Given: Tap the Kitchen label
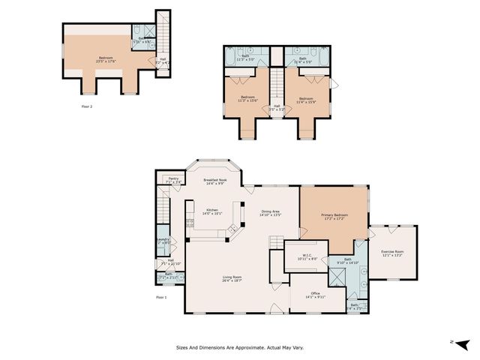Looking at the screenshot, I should (212, 211).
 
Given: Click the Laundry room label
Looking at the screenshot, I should (163, 241).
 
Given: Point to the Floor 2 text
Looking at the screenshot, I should (87, 106).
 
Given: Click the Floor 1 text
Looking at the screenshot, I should (161, 297).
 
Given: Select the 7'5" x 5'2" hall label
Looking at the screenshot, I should (277, 108).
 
